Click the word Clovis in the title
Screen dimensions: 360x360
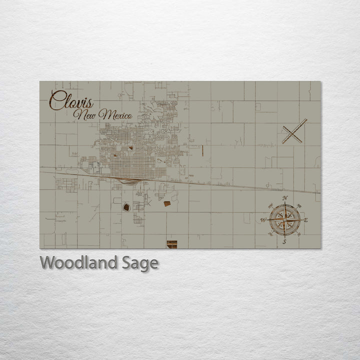[x=71, y=102]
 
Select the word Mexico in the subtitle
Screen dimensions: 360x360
[x=115, y=115]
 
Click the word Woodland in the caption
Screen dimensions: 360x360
[x=79, y=263]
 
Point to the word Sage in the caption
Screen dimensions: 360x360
[x=140, y=263]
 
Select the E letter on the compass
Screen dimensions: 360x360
[x=306, y=220]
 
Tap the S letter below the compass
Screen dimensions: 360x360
[x=284, y=242]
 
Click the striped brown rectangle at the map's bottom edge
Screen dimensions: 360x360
[x=172, y=244]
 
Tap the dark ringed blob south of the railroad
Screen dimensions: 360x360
[x=126, y=206]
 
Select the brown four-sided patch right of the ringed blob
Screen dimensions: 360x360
[x=167, y=203]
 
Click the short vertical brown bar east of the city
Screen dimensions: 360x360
[x=203, y=149]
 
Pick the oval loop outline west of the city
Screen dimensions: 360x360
[x=72, y=171]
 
